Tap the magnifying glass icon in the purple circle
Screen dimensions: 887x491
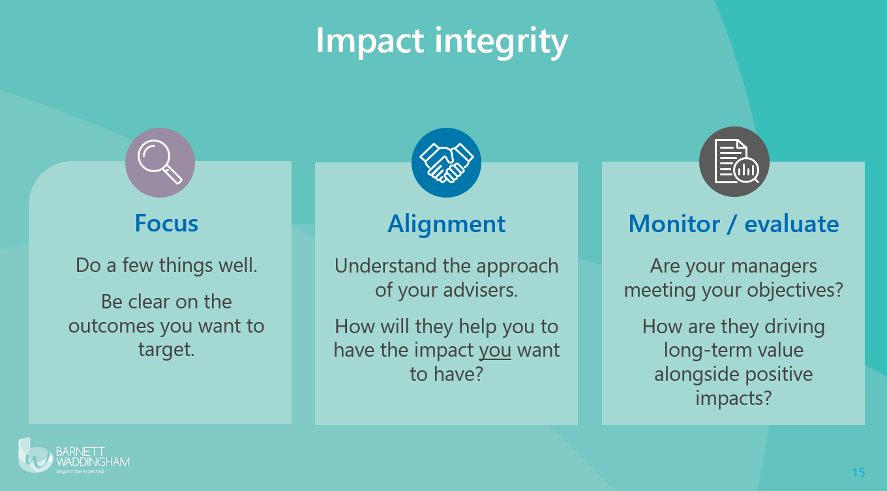click(x=160, y=162)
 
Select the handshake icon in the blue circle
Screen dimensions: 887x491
click(x=446, y=163)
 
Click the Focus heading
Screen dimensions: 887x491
click(x=166, y=223)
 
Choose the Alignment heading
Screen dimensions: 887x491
click(x=446, y=224)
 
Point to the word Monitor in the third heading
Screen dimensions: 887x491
click(x=674, y=224)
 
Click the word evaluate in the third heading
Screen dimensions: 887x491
click(x=792, y=224)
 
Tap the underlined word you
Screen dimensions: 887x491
click(x=495, y=351)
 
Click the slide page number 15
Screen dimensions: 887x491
click(x=858, y=472)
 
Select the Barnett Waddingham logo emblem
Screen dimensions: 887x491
click(x=35, y=455)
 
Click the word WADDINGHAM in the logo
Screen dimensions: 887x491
click(x=93, y=462)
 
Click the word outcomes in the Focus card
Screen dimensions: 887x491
click(x=112, y=327)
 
